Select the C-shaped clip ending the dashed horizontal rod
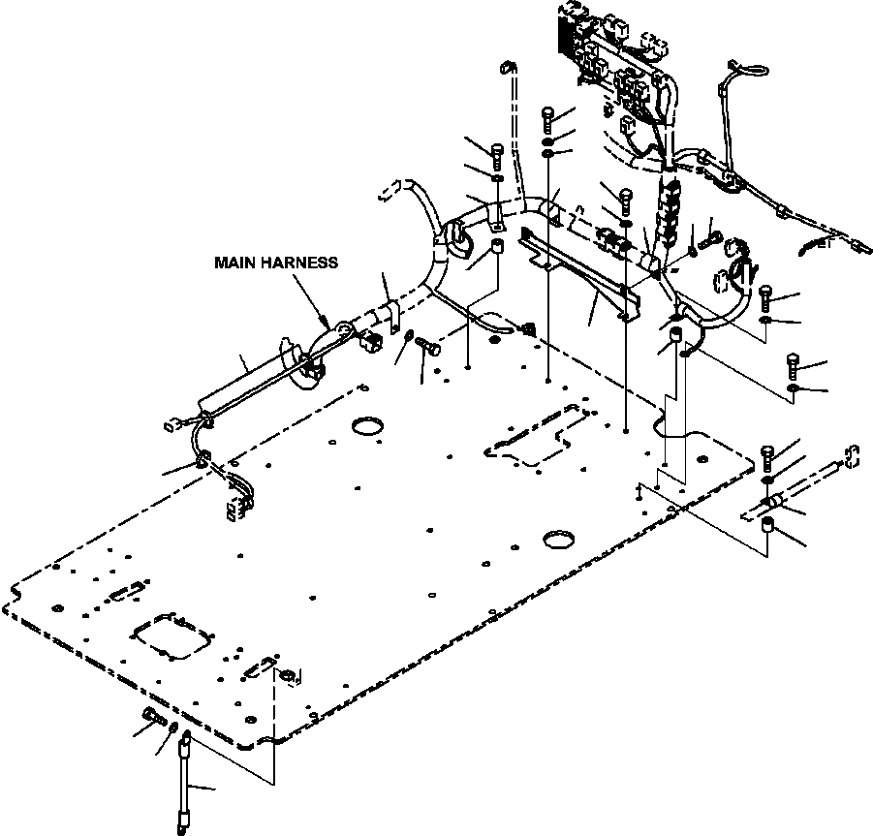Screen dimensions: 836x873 pos(852,454)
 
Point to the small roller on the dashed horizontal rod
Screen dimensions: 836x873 pos(772,501)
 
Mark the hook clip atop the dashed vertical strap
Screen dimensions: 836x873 pos(506,69)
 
